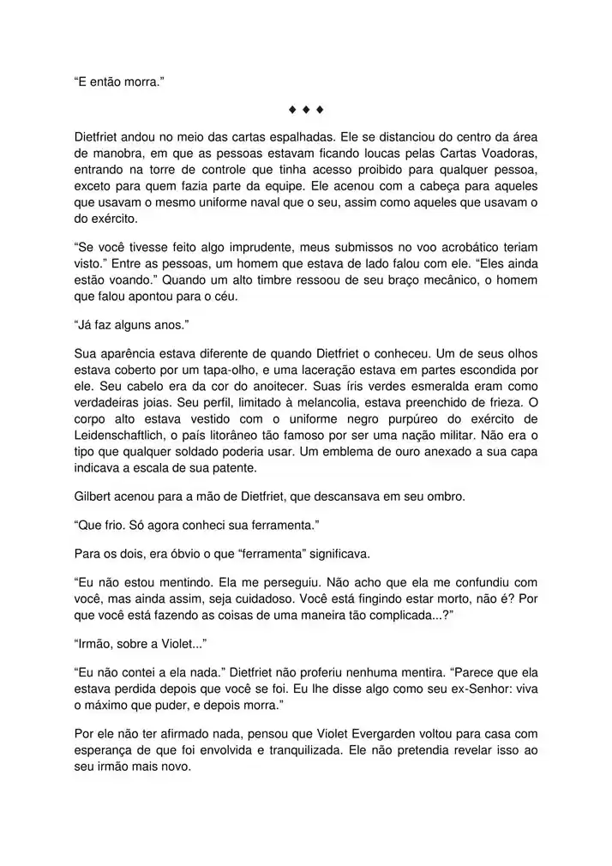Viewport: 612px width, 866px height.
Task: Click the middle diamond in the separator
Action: tap(306, 110)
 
